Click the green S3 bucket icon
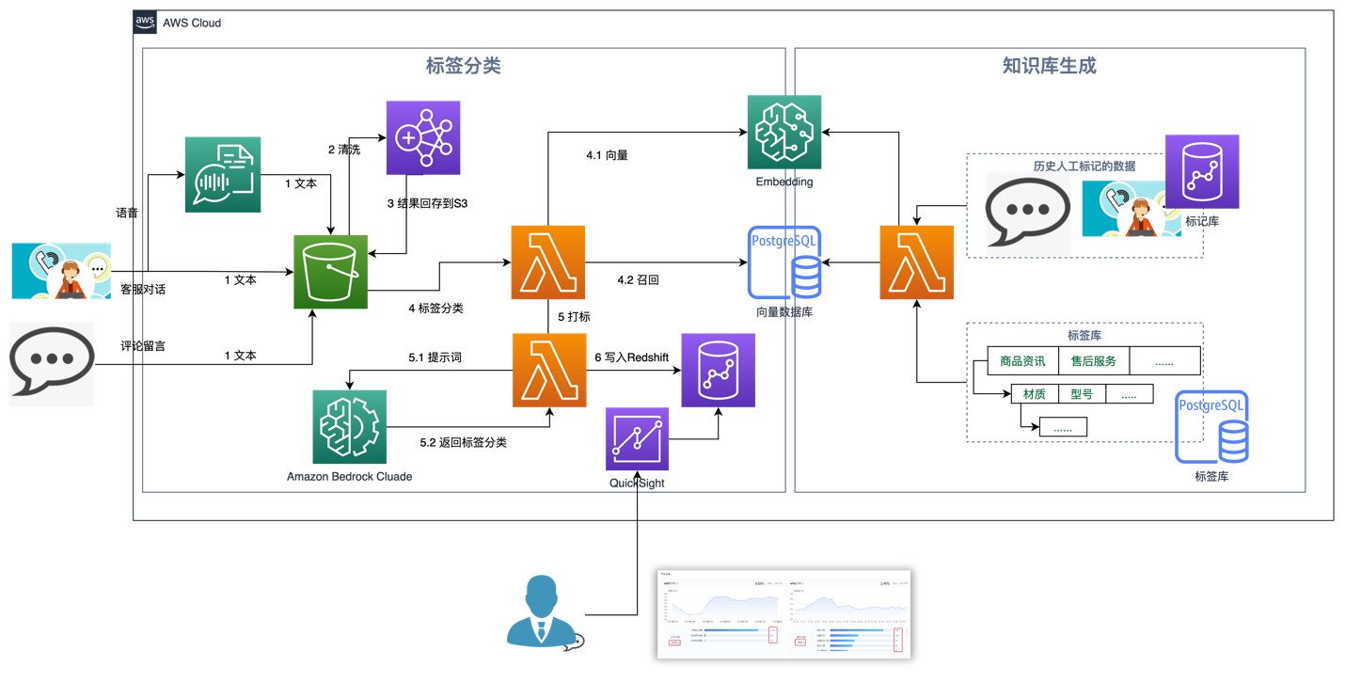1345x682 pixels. click(330, 272)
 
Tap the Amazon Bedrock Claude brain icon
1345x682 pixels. click(349, 427)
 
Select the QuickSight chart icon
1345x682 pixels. click(637, 439)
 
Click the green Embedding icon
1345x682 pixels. click(783, 133)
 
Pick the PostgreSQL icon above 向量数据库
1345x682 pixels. click(783, 262)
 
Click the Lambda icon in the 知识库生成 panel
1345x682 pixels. click(916, 262)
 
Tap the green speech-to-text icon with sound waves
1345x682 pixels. click(222, 175)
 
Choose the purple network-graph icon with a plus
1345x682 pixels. click(422, 137)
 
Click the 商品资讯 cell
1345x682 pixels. click(1022, 361)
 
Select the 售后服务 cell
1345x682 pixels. click(1093, 361)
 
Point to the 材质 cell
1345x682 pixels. click(1035, 394)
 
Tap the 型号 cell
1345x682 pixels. click(1082, 394)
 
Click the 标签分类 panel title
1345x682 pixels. click(463, 66)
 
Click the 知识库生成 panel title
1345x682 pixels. click(1049, 66)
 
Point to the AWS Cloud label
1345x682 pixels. click(192, 23)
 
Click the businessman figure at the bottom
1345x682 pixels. click(539, 612)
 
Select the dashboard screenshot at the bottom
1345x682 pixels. click(783, 613)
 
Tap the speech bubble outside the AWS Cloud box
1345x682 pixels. click(52, 364)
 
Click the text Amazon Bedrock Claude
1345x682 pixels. click(349, 477)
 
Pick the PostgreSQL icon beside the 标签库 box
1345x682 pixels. click(1211, 426)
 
